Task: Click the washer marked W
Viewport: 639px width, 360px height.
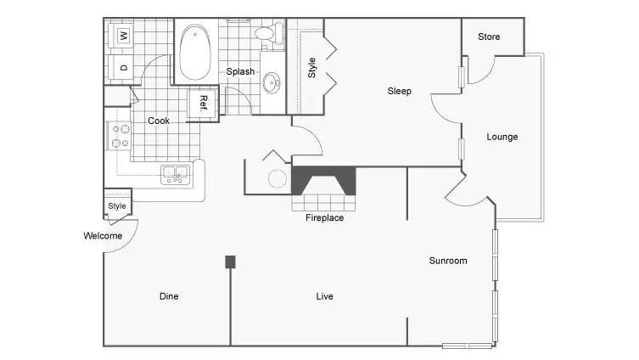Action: click(x=121, y=36)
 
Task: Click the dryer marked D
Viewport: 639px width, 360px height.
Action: click(x=121, y=68)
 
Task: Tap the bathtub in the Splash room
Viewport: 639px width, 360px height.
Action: click(x=195, y=52)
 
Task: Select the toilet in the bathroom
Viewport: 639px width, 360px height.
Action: click(x=269, y=33)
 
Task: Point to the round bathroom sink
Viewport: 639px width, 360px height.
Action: click(x=272, y=83)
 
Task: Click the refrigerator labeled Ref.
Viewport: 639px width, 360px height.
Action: click(x=203, y=104)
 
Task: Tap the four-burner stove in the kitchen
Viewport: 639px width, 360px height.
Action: click(x=120, y=136)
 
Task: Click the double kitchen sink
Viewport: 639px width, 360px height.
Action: click(x=176, y=175)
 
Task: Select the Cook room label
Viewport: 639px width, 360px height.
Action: click(x=159, y=121)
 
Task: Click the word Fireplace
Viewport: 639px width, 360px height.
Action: click(x=324, y=217)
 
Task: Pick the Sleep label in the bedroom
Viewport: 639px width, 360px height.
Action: click(x=400, y=91)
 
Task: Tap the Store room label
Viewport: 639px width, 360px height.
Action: click(x=489, y=37)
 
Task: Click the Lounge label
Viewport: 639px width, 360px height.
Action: click(x=502, y=137)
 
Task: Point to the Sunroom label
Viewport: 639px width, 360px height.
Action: click(x=448, y=261)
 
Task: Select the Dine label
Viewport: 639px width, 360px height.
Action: click(x=169, y=296)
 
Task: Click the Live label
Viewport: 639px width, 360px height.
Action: click(x=324, y=296)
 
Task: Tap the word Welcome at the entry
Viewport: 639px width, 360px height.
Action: click(x=103, y=236)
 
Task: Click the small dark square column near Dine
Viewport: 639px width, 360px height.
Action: click(x=230, y=262)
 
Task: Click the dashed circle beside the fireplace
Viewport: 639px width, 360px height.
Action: click(x=277, y=178)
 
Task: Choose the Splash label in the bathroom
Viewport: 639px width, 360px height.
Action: click(x=240, y=72)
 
